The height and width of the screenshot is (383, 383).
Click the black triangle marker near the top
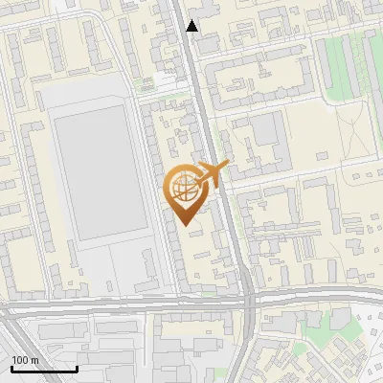[192, 26]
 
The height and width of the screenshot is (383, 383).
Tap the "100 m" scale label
[26, 360]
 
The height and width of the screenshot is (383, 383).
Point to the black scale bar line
[44, 369]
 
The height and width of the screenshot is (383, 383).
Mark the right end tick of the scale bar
[77, 367]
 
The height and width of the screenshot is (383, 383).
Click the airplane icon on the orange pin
[212, 173]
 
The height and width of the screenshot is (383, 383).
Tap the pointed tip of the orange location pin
[183, 224]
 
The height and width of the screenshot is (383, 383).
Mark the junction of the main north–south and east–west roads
[247, 300]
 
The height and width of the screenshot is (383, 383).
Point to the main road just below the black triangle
[195, 57]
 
